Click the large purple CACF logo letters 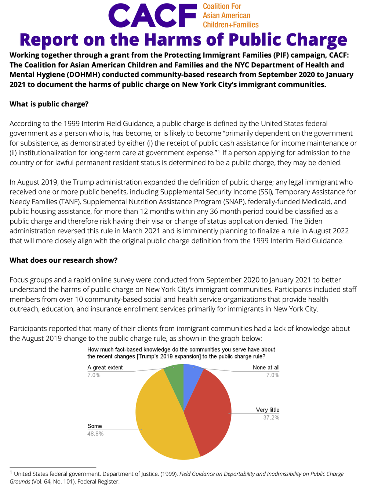pos(153,16)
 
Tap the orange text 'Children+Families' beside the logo pos(230,25)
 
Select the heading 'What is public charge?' pos(49,104)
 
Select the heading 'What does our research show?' pos(63,260)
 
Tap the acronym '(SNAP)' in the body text pos(233,202)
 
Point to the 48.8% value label pos(95,434)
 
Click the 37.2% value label pos(271,417)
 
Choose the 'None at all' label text pos(266,368)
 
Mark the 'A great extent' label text pos(105,368)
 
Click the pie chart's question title pos(181,353)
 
